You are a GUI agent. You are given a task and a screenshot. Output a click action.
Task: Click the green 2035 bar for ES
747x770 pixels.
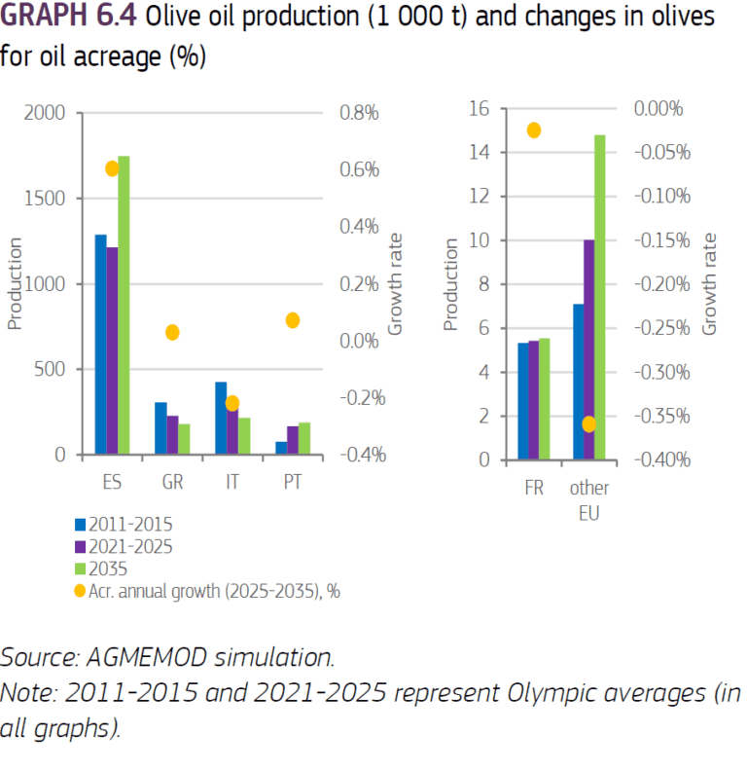[124, 305]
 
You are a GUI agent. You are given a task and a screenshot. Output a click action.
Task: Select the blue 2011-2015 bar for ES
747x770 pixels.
[100, 345]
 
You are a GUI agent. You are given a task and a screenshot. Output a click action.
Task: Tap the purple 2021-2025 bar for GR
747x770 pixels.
[171, 435]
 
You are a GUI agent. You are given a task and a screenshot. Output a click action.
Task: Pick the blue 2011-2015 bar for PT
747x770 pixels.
[281, 449]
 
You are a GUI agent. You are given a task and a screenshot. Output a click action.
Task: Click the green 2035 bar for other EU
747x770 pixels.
[599, 297]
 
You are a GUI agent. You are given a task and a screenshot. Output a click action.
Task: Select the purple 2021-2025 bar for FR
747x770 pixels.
[533, 400]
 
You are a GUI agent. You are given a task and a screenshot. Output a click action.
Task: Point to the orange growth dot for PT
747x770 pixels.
[293, 320]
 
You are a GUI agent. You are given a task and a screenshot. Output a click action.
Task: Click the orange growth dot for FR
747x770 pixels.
[533, 129]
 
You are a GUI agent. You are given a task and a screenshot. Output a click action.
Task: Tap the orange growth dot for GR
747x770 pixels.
[172, 332]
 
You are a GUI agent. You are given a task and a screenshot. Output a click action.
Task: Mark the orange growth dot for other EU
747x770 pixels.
[588, 423]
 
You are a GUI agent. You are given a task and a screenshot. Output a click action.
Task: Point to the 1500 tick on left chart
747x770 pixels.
[46, 199]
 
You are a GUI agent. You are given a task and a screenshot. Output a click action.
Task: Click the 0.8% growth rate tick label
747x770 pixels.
[358, 113]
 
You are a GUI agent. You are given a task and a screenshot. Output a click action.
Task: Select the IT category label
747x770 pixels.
[232, 482]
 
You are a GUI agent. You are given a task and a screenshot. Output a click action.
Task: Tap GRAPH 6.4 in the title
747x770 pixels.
[67, 18]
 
